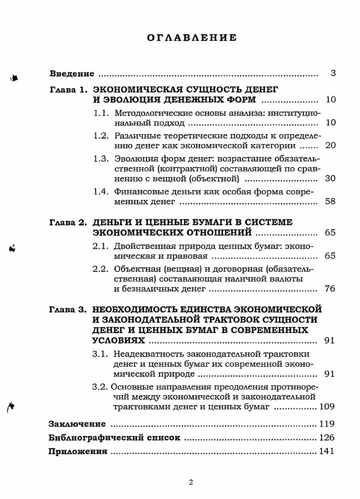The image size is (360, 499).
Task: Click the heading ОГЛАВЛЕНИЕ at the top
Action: pyautogui.click(x=192, y=38)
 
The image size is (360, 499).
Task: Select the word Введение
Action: pyautogui.click(x=72, y=73)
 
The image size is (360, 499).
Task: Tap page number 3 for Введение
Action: pyautogui.click(x=333, y=73)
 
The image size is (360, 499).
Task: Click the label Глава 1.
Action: pyautogui.click(x=68, y=90)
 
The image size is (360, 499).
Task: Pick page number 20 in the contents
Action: pyautogui.click(x=330, y=146)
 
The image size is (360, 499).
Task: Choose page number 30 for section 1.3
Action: pyautogui.click(x=330, y=179)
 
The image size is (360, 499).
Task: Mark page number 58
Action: pyautogui.click(x=330, y=201)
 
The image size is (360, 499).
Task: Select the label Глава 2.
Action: pyautogui.click(x=68, y=223)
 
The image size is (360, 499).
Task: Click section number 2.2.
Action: pyautogui.click(x=101, y=268)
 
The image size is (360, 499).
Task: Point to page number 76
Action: pyautogui.click(x=330, y=288)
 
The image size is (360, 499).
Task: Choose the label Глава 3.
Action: pyautogui.click(x=68, y=310)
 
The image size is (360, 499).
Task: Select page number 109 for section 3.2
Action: pyautogui.click(x=327, y=407)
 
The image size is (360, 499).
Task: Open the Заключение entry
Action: pyautogui.click(x=77, y=424)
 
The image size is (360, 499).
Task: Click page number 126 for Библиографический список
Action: pyautogui.click(x=327, y=438)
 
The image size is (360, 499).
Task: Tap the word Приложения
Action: pyautogui.click(x=78, y=451)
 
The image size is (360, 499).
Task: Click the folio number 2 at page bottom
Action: pyautogui.click(x=191, y=482)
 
